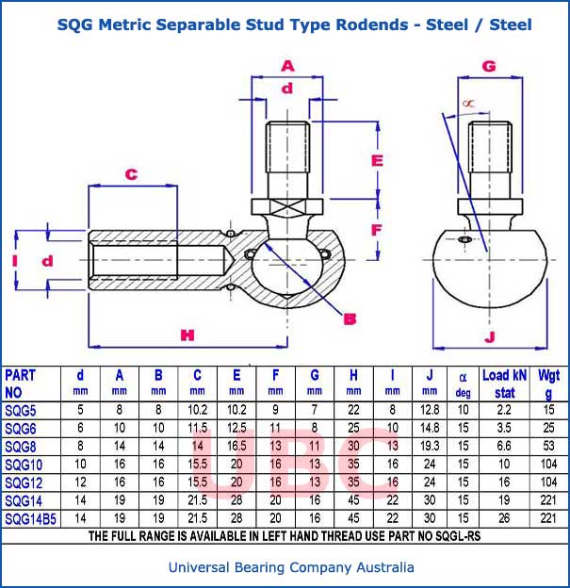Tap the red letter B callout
[x=350, y=318]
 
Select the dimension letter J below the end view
[x=489, y=336]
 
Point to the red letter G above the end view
[x=489, y=66]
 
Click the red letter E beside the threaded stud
[x=378, y=160]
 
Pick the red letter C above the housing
[x=132, y=174]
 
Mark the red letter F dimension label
[x=376, y=229]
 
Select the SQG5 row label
[x=23, y=410]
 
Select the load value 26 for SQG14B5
[x=504, y=519]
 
